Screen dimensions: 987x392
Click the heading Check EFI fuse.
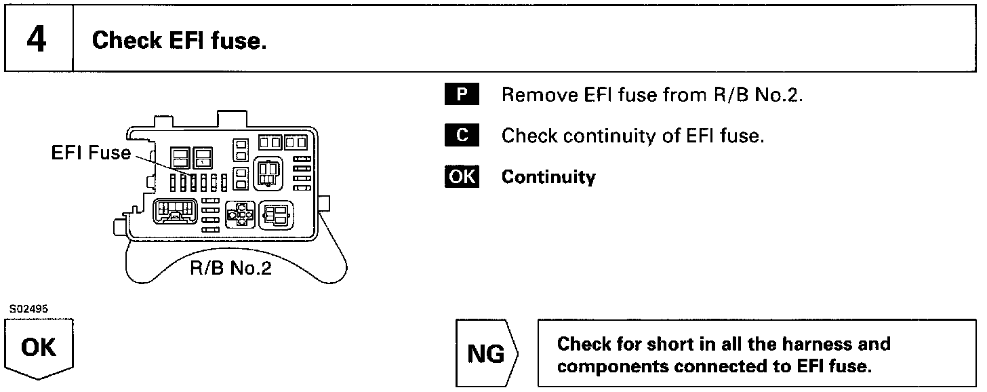tap(179, 41)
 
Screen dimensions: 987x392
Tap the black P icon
tap(462, 95)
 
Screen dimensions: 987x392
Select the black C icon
tap(462, 136)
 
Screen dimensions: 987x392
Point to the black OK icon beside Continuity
tap(462, 177)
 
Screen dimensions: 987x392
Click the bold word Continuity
tap(548, 178)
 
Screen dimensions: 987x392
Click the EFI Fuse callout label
tap(91, 153)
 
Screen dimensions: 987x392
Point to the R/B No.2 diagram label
tap(230, 269)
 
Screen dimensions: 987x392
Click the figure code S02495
tap(29, 309)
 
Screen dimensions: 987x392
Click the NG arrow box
tap(486, 354)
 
